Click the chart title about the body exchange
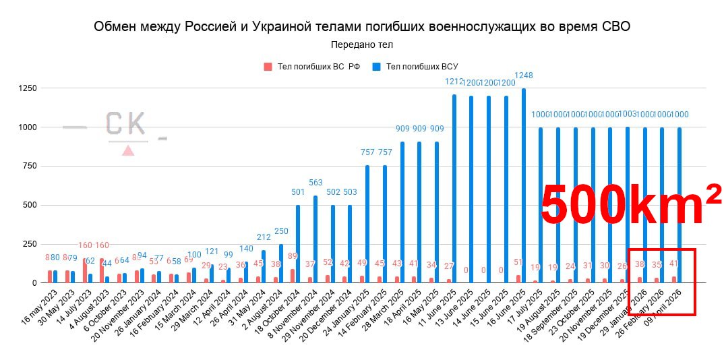coord(362,26)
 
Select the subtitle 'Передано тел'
coord(362,44)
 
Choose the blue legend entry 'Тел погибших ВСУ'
coord(416,66)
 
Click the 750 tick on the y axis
coord(29,166)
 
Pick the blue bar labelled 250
coord(281,264)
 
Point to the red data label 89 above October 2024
coord(292,256)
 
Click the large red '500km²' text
coord(630,206)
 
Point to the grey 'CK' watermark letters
coord(125,124)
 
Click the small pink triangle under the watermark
coord(127,150)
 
